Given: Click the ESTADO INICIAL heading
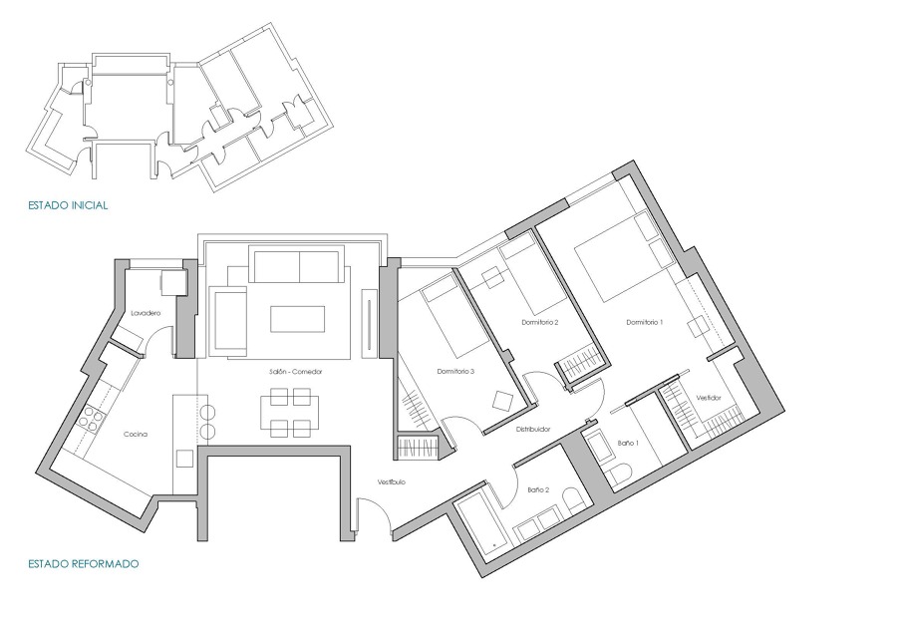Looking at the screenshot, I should [68, 205].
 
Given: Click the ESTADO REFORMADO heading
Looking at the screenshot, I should [84, 563].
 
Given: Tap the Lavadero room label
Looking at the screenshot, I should [146, 313].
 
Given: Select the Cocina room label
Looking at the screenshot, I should [137, 434].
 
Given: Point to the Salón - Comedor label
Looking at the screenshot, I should [295, 371].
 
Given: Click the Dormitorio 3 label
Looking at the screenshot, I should [455, 372].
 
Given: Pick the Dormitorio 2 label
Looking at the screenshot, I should [539, 322].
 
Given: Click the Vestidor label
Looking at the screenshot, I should [709, 397].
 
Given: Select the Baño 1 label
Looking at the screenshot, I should [628, 442].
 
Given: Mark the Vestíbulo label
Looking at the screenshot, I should [391, 482].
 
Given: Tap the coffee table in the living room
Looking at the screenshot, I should [298, 319].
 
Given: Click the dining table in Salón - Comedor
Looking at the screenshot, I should [290, 413].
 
